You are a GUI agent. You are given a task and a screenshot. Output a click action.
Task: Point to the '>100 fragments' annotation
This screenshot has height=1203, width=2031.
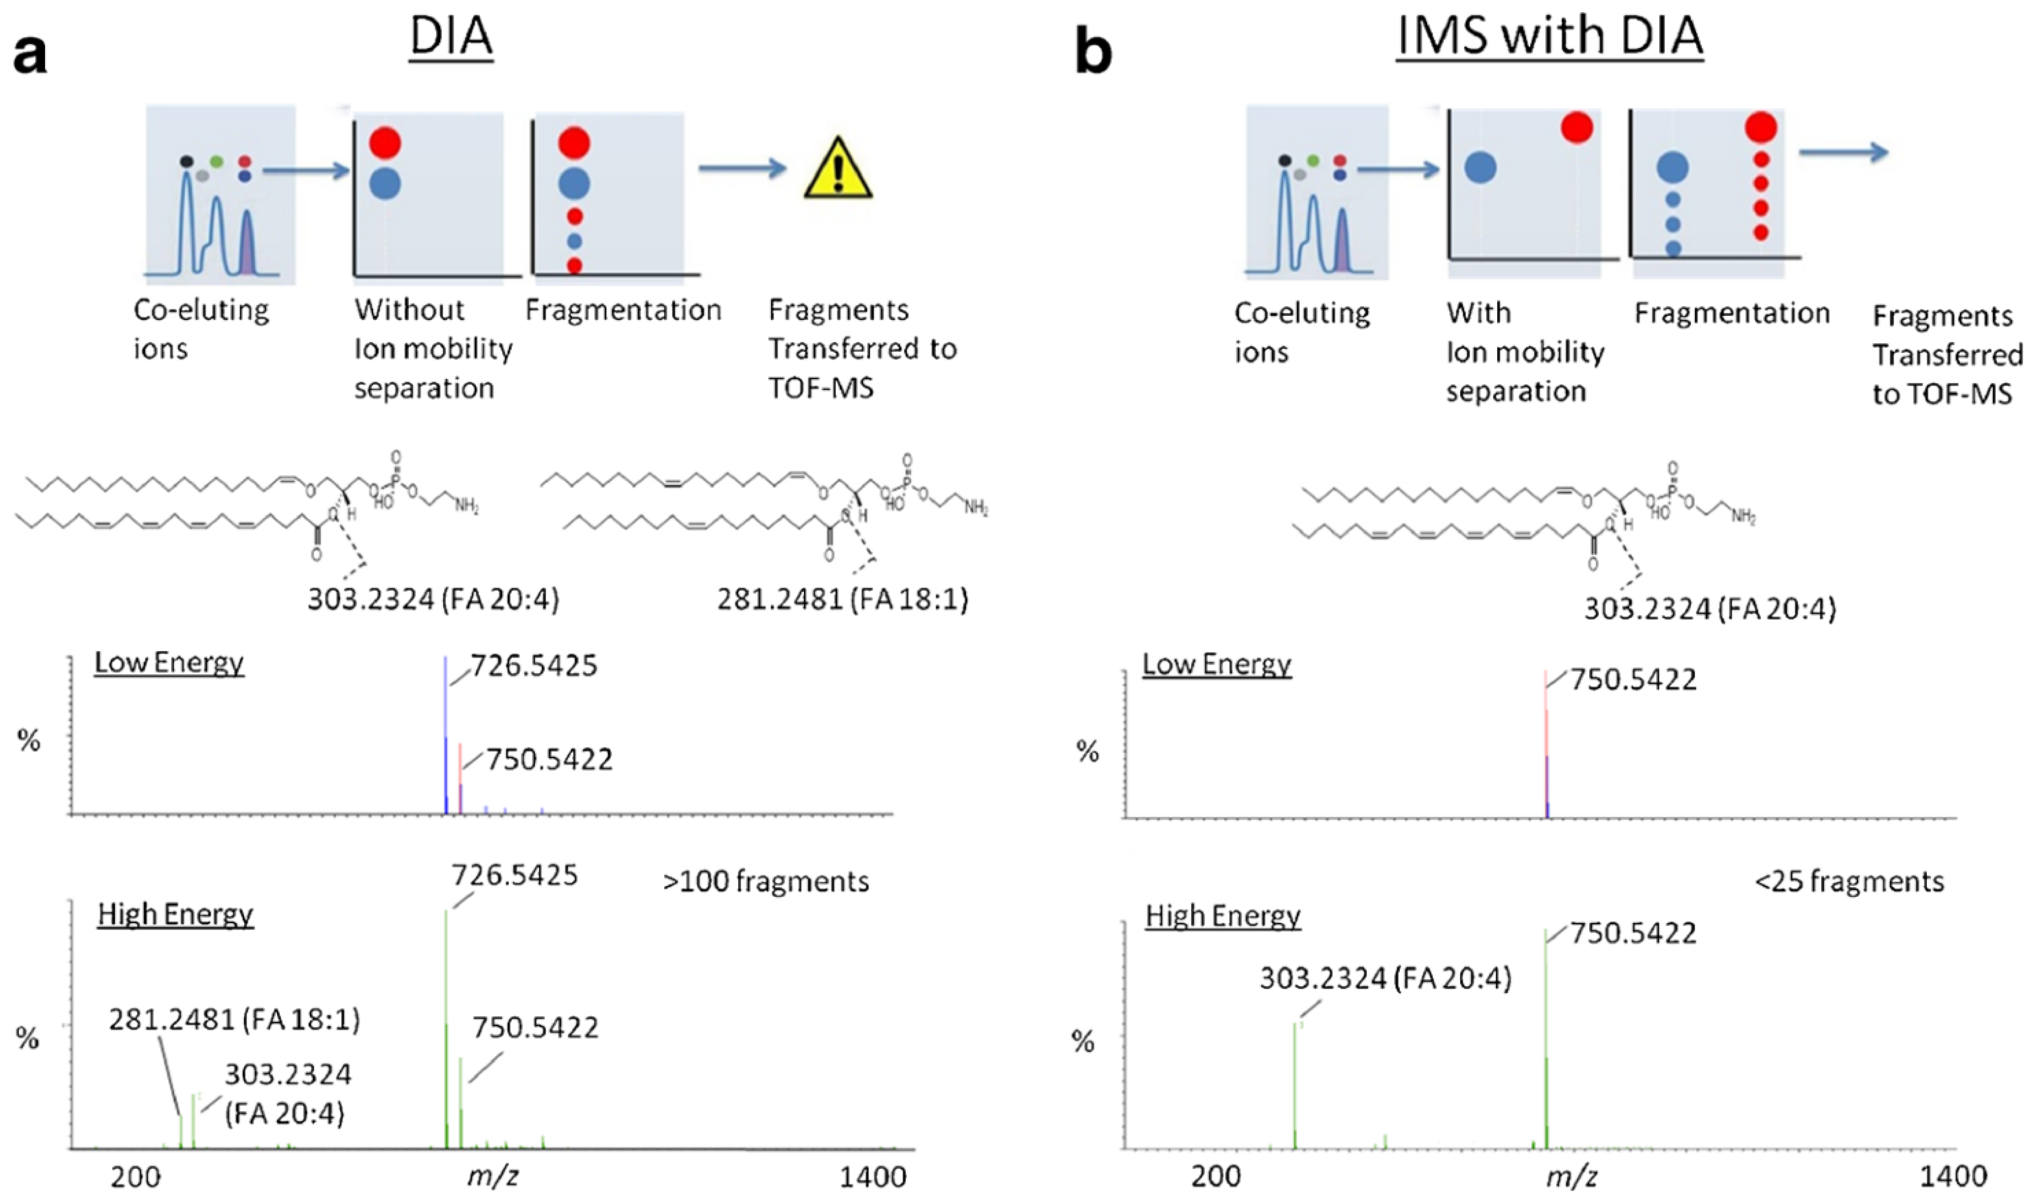(766, 881)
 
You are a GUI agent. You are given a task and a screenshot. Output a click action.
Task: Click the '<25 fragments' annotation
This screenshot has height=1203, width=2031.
(1850, 881)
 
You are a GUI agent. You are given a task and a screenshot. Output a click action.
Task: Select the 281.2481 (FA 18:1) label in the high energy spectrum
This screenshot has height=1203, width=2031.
(234, 1020)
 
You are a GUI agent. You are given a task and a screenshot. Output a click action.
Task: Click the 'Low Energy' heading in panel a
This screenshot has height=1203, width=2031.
(169, 663)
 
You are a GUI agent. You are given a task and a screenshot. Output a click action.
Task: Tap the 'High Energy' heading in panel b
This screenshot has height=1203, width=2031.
(1223, 917)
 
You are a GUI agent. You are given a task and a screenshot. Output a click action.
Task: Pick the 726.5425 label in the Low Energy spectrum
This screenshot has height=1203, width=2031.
(534, 666)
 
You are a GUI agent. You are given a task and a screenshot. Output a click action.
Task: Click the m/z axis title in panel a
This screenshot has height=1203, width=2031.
(493, 1176)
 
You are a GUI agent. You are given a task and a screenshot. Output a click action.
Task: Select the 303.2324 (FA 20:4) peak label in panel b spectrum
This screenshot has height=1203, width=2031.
(1385, 979)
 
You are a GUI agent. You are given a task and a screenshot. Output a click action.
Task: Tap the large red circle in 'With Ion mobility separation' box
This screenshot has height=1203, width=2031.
(1576, 128)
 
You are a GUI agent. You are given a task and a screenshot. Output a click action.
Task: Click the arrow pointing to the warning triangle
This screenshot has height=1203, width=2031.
(742, 169)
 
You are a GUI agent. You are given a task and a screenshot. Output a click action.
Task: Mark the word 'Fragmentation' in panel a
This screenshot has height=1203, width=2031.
(623, 310)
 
